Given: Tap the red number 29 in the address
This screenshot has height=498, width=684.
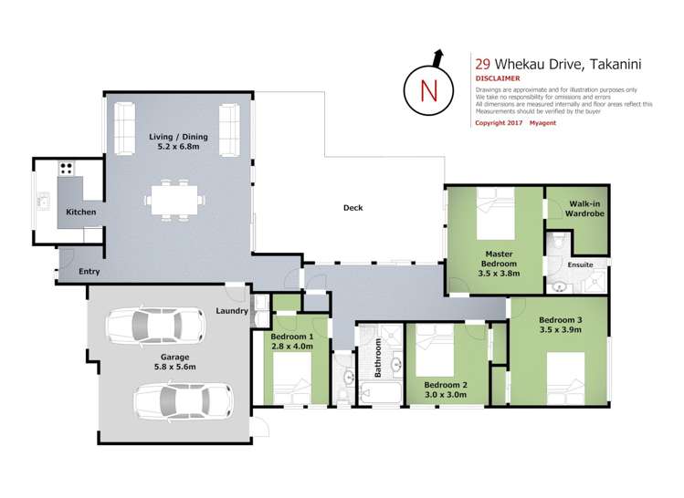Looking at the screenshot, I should [x=482, y=64].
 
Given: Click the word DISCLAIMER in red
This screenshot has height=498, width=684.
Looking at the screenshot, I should [x=499, y=78].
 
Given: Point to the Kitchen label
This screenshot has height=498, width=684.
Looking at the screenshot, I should [x=80, y=213].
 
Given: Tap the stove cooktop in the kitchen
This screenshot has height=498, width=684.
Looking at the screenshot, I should [x=67, y=168].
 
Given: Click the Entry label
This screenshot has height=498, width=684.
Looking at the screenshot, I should [x=89, y=272].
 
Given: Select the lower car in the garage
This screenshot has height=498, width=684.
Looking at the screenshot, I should [x=183, y=398].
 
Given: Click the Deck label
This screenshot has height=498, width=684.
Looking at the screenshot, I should [x=353, y=208].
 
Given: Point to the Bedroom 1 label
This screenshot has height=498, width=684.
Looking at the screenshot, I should [x=292, y=337].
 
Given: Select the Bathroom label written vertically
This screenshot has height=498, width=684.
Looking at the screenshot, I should [x=375, y=357].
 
